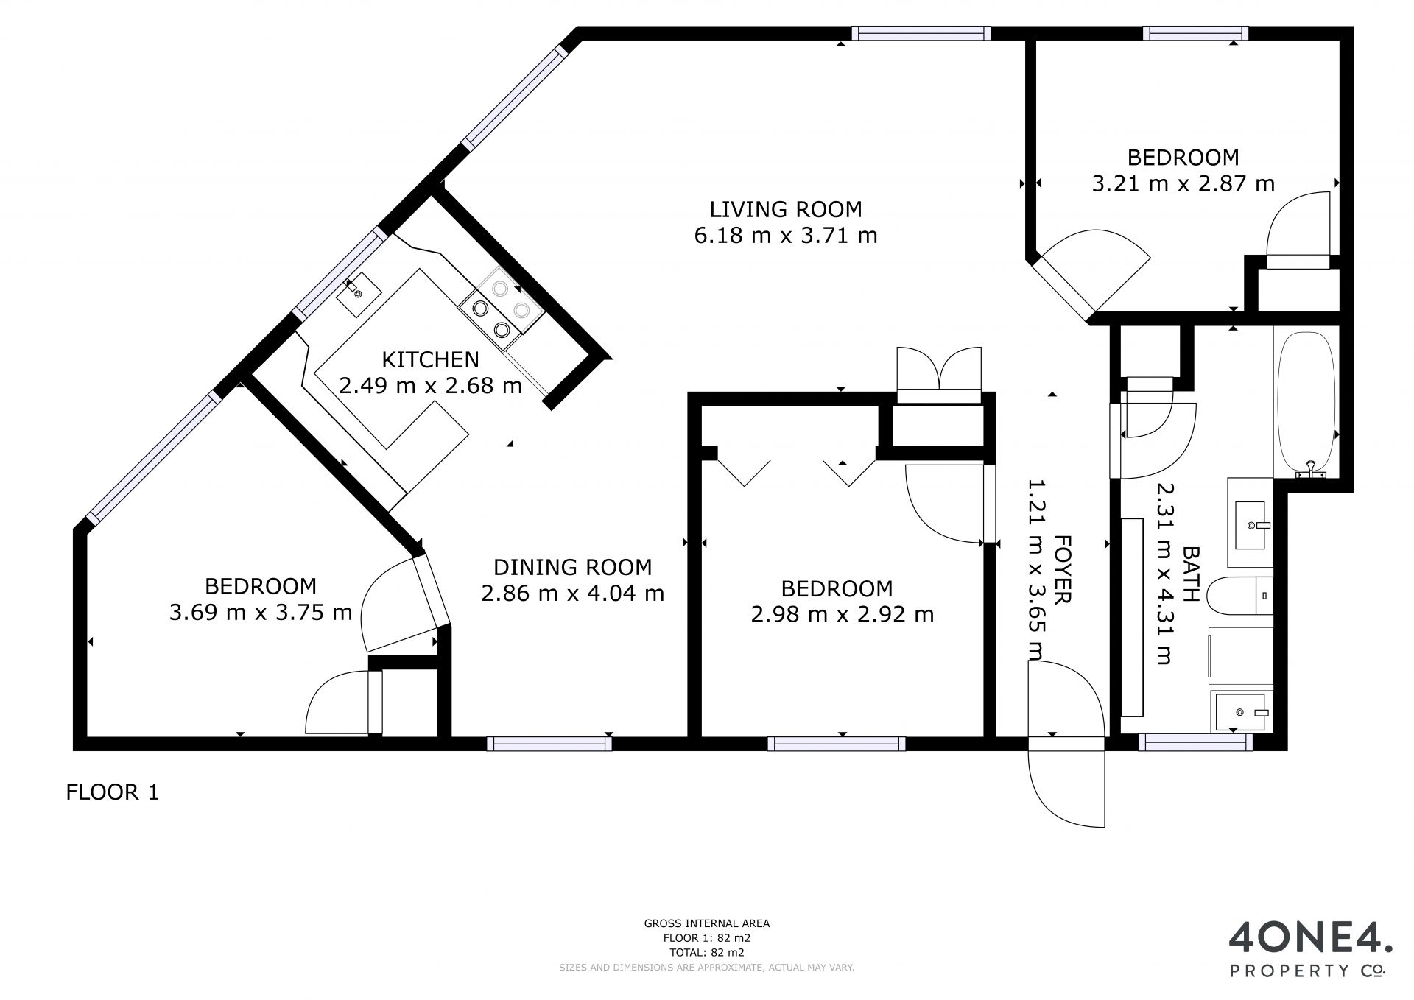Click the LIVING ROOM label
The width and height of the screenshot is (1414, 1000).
click(x=786, y=209)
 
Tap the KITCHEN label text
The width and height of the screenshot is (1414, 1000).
click(x=430, y=359)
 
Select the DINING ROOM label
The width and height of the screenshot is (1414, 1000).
click(x=572, y=567)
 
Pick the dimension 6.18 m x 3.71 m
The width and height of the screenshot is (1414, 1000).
click(x=786, y=236)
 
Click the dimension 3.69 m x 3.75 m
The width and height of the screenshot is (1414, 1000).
click(x=261, y=612)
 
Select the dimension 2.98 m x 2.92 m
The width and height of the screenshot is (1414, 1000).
click(x=843, y=614)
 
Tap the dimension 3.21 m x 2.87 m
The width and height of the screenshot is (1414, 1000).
click(x=1183, y=183)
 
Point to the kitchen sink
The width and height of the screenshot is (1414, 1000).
click(x=359, y=293)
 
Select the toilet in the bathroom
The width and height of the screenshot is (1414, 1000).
click(x=1242, y=595)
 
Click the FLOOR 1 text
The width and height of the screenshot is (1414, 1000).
click(x=113, y=792)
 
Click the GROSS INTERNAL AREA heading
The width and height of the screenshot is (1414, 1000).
click(x=707, y=923)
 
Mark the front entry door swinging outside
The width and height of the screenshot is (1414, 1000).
click(x=1067, y=784)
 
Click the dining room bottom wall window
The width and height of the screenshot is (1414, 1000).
click(x=549, y=744)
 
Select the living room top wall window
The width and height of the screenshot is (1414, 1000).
click(x=921, y=33)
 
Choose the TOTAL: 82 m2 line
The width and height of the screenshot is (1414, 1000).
click(x=707, y=952)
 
